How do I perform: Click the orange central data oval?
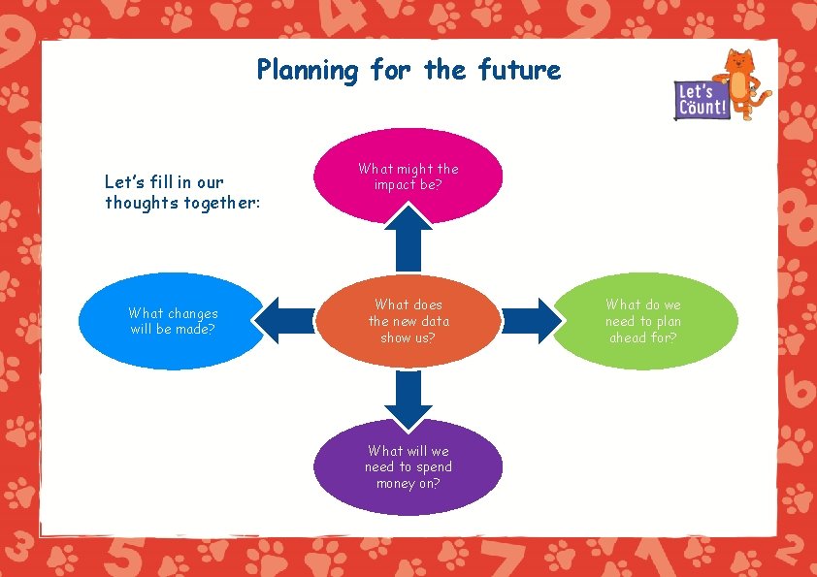(408, 321)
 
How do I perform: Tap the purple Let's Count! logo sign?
(702, 100)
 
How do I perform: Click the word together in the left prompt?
(217, 203)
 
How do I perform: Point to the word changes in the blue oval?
(192, 313)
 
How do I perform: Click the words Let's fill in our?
(164, 181)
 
